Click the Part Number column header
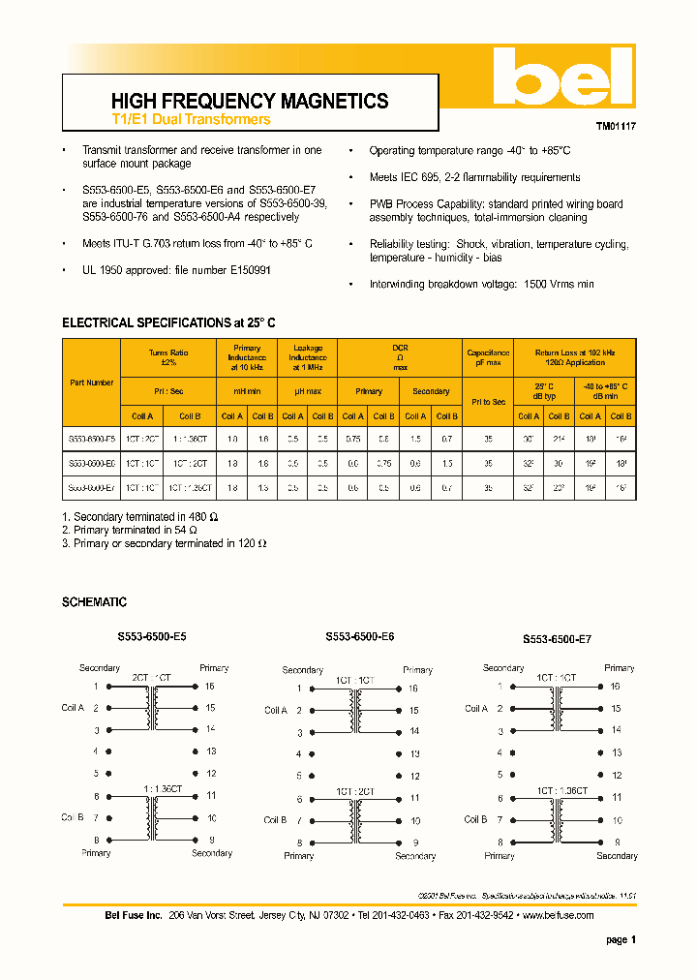[92, 383]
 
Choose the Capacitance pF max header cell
[487, 357]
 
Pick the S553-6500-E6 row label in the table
[92, 464]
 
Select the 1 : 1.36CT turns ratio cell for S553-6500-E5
[190, 440]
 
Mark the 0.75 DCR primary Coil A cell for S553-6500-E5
[353, 440]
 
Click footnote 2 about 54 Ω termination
[129, 530]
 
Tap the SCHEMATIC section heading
[94, 602]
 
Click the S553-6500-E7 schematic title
[557, 639]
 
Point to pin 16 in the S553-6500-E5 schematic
[210, 686]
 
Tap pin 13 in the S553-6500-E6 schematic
[414, 753]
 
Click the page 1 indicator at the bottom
[621, 939]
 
